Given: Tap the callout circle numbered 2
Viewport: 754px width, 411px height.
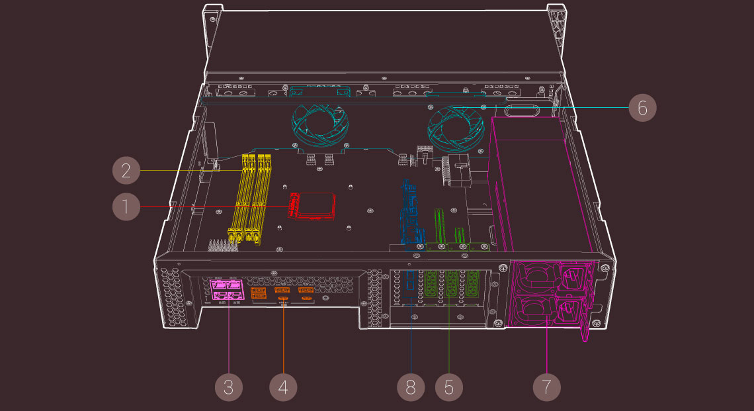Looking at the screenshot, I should (x=126, y=171).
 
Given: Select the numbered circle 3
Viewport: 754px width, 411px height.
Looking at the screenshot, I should (x=228, y=387).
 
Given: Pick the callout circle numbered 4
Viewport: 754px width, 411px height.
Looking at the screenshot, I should (x=283, y=387).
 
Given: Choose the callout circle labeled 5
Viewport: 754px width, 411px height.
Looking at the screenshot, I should (x=449, y=387).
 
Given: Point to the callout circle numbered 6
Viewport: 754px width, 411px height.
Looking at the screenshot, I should (x=642, y=107).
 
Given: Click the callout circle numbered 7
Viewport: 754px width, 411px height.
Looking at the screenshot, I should (x=546, y=387).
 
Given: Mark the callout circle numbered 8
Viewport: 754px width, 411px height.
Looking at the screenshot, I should (x=411, y=387).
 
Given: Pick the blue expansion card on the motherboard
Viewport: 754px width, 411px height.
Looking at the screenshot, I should (x=410, y=212).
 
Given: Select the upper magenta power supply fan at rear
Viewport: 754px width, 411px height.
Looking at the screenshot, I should (x=536, y=275).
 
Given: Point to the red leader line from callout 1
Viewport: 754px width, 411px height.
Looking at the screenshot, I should (x=212, y=207).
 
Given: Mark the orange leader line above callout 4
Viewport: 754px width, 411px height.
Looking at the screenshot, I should (x=283, y=338).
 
